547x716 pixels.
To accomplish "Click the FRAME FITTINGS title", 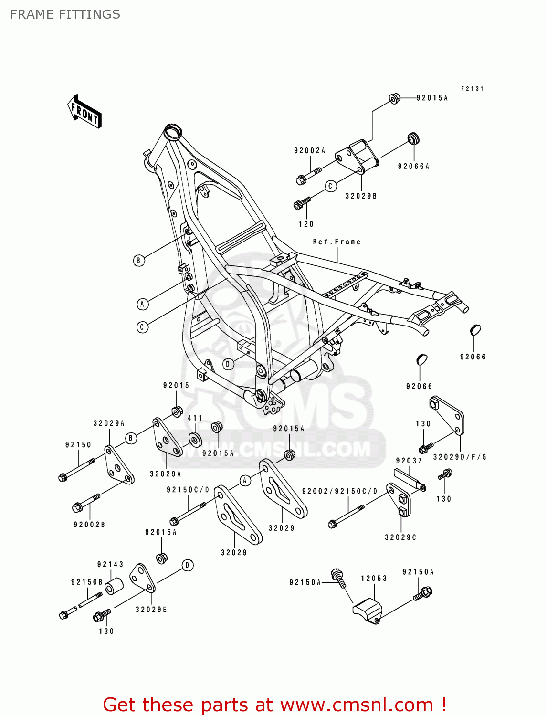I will tap(65, 14).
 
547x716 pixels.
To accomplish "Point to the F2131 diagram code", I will tap(472, 89).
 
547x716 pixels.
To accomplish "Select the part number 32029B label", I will tap(361, 196).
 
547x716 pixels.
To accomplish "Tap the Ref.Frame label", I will tap(337, 242).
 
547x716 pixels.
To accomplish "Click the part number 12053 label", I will tap(374, 579).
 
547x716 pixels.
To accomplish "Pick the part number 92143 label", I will tap(110, 564).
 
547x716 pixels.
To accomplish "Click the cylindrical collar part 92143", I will tap(114, 586).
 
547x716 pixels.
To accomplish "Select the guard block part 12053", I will tap(366, 609).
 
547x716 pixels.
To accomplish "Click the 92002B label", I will tap(89, 525).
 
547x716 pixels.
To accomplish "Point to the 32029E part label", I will tap(151, 610).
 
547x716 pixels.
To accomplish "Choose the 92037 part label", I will tap(409, 461).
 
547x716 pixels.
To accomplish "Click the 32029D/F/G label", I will tap(460, 457).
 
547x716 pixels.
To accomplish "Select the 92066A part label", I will tap(413, 167).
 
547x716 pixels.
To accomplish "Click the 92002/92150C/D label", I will tap(339, 491).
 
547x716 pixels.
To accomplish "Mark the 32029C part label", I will tap(400, 537).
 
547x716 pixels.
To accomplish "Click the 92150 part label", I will tap(78, 445).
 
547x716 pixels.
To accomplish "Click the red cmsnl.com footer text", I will tap(274, 705).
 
